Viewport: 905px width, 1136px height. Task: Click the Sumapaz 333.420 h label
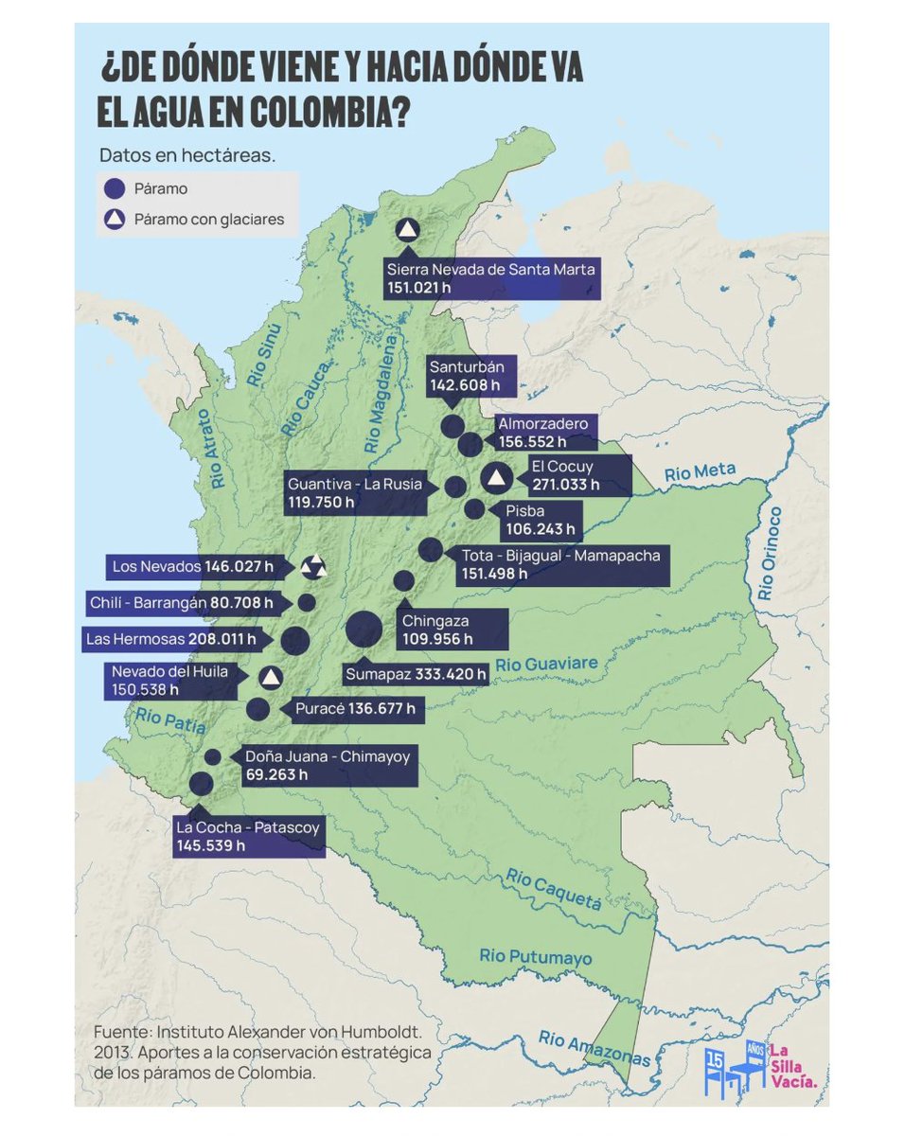coord(416,675)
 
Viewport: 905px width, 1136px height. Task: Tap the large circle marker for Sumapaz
coord(364,630)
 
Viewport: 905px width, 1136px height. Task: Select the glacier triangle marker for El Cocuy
coord(494,476)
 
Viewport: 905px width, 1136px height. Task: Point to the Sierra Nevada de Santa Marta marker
coord(408,229)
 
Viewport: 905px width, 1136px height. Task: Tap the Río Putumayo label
coord(536,957)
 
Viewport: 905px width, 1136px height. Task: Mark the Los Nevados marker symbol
coord(312,568)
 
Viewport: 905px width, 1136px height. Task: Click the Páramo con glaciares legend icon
coord(115,220)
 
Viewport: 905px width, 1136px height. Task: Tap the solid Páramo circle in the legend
coord(115,188)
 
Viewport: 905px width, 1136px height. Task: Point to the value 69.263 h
coord(276,774)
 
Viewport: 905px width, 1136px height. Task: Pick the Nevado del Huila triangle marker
coord(271,677)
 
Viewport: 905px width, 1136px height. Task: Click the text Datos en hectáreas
coord(186,154)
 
